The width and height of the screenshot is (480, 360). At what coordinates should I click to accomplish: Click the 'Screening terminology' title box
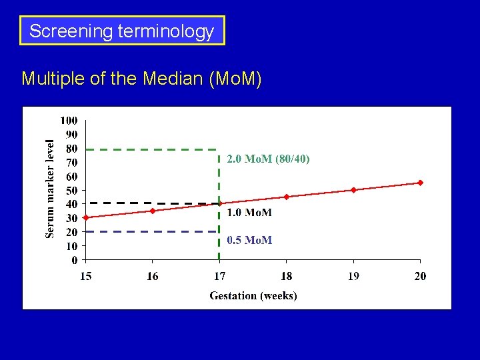(x=122, y=31)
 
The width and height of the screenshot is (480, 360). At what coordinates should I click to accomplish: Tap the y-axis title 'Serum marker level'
(x=50, y=187)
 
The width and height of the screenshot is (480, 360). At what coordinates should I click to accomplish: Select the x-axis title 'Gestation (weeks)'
(x=253, y=295)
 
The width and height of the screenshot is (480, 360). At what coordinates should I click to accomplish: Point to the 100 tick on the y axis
(x=69, y=121)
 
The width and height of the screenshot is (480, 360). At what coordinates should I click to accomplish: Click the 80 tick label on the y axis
(x=71, y=149)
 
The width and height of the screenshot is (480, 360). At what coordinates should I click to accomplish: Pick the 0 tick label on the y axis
(x=75, y=260)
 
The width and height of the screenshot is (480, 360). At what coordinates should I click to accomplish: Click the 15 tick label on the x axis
(x=86, y=276)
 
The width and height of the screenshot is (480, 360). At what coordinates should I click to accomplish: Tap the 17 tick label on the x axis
(x=219, y=276)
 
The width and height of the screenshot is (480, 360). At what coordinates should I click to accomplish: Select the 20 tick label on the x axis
(x=420, y=276)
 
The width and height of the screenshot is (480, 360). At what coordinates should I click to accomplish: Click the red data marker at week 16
(x=153, y=211)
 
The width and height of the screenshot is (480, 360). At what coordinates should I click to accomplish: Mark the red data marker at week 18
(x=287, y=197)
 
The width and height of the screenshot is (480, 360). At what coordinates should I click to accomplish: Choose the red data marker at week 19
(x=353, y=190)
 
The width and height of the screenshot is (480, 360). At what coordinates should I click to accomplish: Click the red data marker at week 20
(x=420, y=183)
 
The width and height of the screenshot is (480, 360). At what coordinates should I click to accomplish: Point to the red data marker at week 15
(x=86, y=217)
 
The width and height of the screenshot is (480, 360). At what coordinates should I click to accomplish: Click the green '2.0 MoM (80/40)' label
(x=268, y=159)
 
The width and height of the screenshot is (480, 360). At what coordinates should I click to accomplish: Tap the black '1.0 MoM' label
(x=249, y=213)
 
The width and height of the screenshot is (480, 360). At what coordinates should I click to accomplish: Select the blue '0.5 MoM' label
(x=249, y=240)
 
